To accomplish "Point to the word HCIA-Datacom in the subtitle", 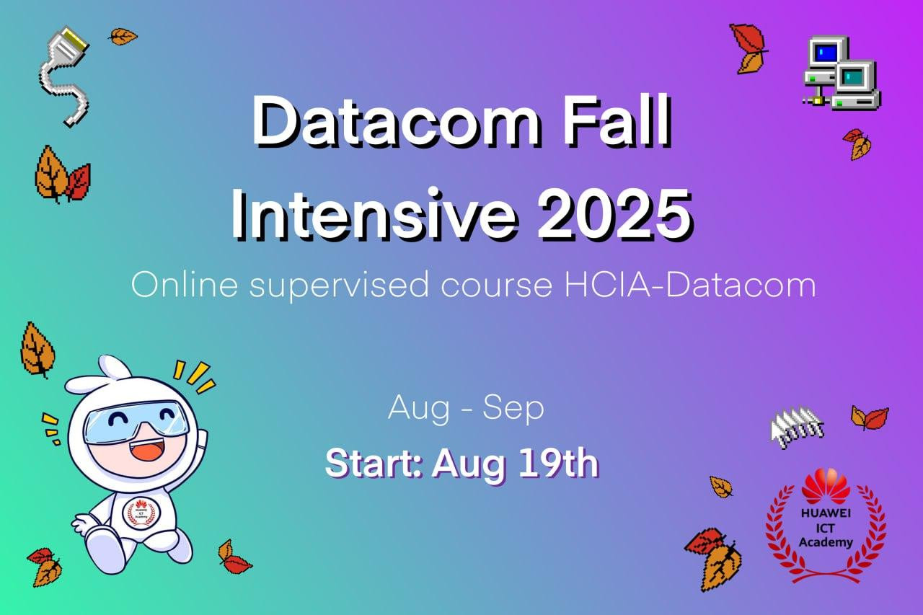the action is [690, 285].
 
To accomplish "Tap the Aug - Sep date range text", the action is [466, 408].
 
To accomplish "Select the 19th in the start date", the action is [558, 463].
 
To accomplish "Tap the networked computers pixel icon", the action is [842, 74].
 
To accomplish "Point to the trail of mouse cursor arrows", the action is [797, 427].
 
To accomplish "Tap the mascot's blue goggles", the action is [136, 421].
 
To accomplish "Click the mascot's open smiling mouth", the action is [147, 448].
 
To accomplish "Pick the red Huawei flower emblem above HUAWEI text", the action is [826, 487].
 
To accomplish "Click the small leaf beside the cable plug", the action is [123, 36].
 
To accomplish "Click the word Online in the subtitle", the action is [184, 285].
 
